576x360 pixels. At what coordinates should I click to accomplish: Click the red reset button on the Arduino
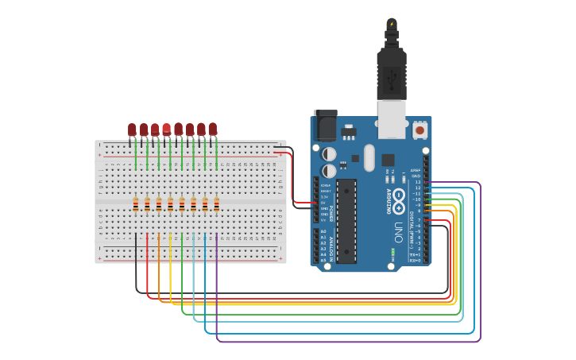coord(419,128)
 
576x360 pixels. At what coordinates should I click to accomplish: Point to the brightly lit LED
coord(166,129)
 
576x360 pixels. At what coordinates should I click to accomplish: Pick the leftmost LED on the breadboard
coord(132,130)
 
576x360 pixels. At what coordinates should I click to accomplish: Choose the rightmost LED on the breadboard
coord(213,129)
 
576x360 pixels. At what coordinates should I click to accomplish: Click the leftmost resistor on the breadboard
coord(136,204)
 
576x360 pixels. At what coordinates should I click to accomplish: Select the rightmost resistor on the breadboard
coord(216,204)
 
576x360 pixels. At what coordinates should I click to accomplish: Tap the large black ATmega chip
coord(346,220)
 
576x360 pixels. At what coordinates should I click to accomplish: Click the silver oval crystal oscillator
coord(369,157)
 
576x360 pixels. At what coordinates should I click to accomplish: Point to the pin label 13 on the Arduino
coord(418,182)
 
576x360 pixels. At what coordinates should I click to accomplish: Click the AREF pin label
coord(416,170)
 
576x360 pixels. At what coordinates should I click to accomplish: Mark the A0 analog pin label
coord(323,231)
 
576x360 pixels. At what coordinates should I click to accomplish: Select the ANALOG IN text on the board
coord(330,246)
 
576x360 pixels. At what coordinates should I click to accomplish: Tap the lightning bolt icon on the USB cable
coord(391,24)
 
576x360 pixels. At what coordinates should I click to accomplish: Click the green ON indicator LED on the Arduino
coord(392,252)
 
